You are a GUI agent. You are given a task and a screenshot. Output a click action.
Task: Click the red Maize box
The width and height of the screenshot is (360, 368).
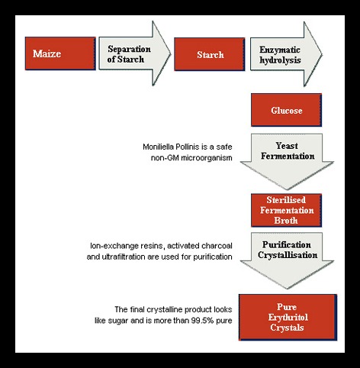[60, 53]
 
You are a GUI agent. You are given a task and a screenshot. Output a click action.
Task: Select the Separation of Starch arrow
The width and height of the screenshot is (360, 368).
[135, 53]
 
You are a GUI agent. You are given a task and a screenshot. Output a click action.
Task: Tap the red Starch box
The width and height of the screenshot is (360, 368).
[210, 54]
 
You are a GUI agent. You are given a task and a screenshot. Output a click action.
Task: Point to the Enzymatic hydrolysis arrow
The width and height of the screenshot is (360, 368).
[286, 54]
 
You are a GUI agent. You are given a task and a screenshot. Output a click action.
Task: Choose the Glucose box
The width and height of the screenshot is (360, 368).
[286, 110]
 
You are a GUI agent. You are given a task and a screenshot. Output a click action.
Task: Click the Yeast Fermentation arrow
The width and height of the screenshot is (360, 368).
[287, 162]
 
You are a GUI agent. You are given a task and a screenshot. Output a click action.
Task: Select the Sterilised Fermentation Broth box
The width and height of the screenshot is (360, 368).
[286, 210]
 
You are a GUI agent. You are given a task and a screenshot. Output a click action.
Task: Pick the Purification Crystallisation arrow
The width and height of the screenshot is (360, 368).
[287, 260]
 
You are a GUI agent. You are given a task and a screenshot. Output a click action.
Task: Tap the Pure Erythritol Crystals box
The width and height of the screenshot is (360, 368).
[288, 317]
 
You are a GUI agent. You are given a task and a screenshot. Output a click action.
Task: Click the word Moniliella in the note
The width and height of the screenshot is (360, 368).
[158, 147]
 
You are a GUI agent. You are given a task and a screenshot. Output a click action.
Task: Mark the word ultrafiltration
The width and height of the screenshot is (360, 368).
[124, 257]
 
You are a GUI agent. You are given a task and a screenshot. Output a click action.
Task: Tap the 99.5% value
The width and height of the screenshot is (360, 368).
[202, 321]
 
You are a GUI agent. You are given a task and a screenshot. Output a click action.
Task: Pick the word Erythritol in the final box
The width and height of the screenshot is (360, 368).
[288, 318]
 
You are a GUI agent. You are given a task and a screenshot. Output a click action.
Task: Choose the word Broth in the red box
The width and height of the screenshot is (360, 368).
[286, 221]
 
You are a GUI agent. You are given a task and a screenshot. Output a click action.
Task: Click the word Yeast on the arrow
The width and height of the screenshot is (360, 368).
[287, 146]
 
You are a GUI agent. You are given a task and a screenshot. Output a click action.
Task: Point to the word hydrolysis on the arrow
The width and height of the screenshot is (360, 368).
[280, 60]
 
